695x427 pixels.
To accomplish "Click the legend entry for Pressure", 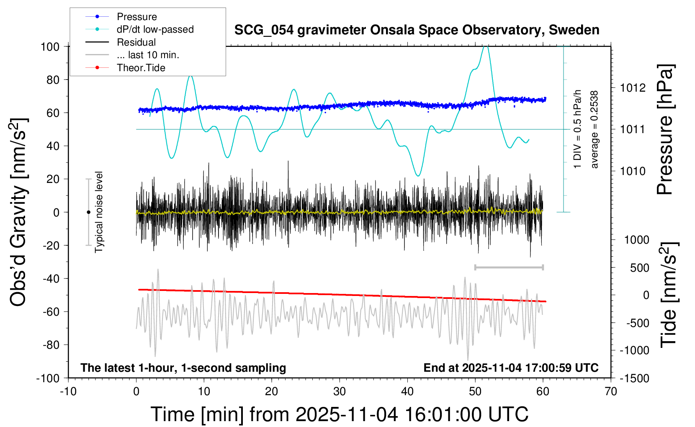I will pos(136,17).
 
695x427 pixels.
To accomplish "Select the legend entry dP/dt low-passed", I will pos(155,29).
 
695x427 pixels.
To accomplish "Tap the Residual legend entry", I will pos(136,42).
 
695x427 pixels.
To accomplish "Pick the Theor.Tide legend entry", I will pos(141,68).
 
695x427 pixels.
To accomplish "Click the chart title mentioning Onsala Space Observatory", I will pos(417,30).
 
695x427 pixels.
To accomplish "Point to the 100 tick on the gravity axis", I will pos(50,46).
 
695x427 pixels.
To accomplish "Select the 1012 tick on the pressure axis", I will pos(633,88).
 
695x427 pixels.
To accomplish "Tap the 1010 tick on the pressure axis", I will pos(633,171).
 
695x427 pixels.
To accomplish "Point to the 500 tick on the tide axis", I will pos(639,268).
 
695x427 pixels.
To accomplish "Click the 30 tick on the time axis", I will pos(340,392).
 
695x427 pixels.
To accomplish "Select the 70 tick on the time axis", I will pos(611,392).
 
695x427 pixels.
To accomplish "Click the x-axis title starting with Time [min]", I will pos(340,414).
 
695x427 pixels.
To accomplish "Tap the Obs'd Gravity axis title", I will pos(19,212).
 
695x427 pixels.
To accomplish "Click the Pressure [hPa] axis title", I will pos(665,129).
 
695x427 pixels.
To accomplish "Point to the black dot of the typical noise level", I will pos(88,212).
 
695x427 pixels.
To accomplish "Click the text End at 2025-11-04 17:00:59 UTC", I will pos(511,368).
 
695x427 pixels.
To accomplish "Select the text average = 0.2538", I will pos(595,129).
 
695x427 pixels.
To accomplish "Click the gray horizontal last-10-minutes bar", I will pos(509,267).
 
